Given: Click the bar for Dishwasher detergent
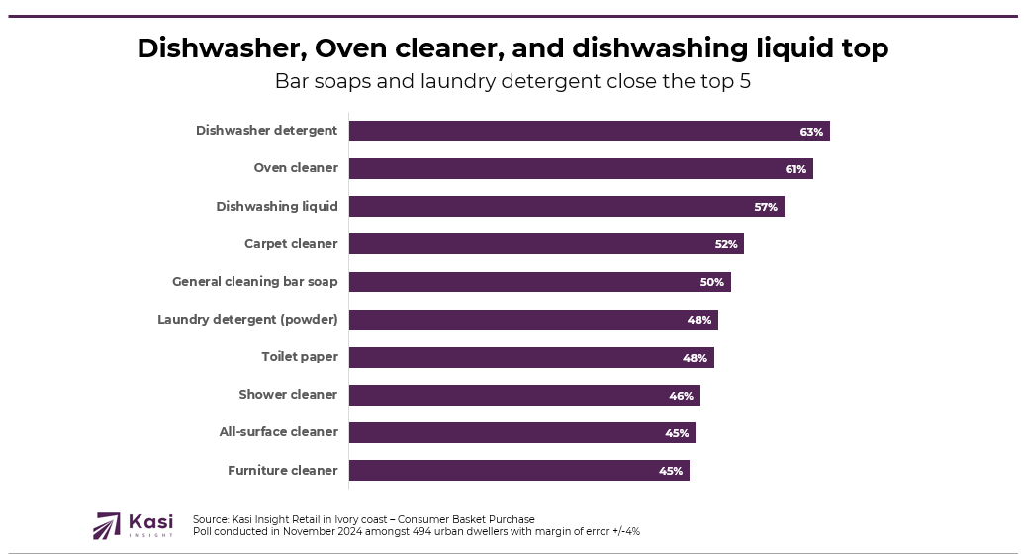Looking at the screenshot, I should [589, 131].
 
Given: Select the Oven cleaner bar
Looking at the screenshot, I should [581, 168].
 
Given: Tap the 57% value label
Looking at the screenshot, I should [766, 207].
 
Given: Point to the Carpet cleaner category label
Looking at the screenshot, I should [291, 243].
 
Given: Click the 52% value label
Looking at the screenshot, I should [726, 244].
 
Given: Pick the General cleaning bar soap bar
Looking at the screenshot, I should [539, 282].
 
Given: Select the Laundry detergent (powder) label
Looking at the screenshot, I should [247, 319].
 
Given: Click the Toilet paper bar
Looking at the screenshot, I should [531, 357].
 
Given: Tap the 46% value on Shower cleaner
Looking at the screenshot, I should [681, 396].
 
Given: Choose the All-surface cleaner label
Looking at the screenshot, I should [278, 431].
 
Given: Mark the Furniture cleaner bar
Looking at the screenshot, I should [518, 470].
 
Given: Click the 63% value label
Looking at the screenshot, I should [811, 132].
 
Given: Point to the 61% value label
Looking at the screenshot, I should [795, 169].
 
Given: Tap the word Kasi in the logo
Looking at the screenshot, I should [150, 520].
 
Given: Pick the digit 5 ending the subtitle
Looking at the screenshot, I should [745, 82].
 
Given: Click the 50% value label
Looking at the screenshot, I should [712, 282].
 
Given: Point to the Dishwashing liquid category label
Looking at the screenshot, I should [277, 206].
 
